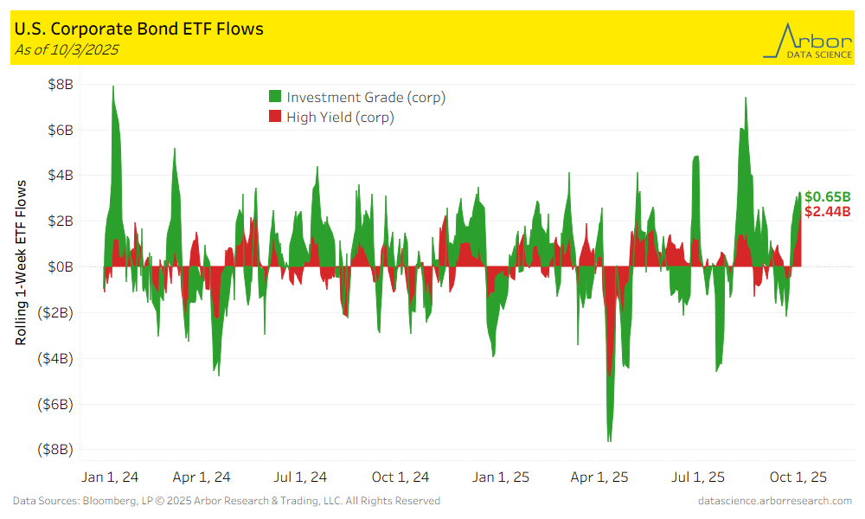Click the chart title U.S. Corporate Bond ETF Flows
[x=138, y=29]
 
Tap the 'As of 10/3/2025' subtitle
[x=67, y=49]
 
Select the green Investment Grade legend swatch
[x=275, y=97]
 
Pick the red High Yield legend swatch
[x=275, y=117]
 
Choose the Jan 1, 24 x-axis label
[x=110, y=477]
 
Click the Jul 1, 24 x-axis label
[x=300, y=477]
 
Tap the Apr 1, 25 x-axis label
[x=599, y=477]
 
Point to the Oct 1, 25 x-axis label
[x=798, y=477]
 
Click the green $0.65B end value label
[x=827, y=196]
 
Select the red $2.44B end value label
[x=827, y=211]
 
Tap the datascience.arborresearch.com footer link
[x=774, y=501]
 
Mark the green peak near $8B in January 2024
[x=113, y=87]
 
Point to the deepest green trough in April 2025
[x=610, y=440]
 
